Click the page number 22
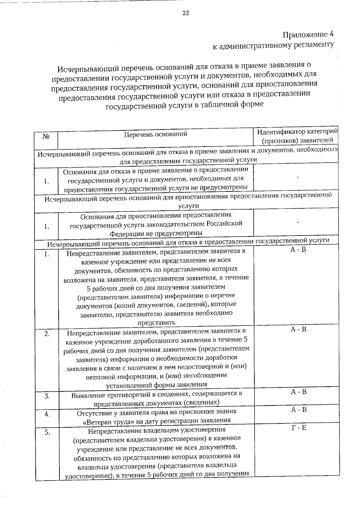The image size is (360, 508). click(x=185, y=13)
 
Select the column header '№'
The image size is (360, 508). click(x=46, y=137)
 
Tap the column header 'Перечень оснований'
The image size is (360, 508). click(x=156, y=134)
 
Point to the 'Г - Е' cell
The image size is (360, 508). click(x=299, y=428)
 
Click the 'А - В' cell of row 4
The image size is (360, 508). click(x=299, y=410)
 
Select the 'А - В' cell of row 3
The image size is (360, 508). click(x=299, y=392)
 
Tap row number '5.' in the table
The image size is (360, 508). click(x=47, y=432)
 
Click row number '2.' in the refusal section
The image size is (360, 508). click(x=47, y=334)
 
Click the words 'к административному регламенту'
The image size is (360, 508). click(x=273, y=45)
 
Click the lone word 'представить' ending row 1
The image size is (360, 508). click(x=156, y=322)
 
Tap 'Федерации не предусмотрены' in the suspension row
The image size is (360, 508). click(x=156, y=233)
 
